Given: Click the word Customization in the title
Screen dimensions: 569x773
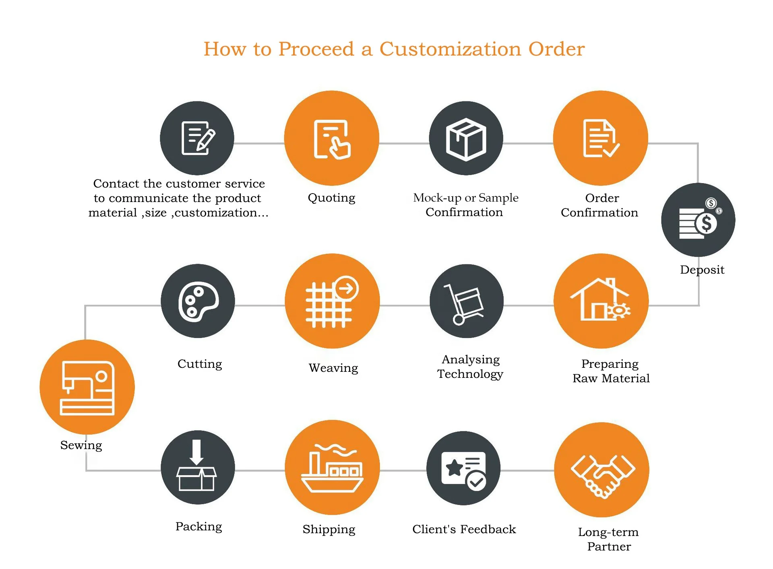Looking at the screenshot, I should point(451,49).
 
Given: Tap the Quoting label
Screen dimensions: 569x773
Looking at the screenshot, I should point(331,198).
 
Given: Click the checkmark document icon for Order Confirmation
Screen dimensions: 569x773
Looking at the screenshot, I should point(601,138).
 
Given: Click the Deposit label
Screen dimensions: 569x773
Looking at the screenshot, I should point(702,270).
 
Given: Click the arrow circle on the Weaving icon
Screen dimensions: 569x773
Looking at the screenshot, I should point(346,288).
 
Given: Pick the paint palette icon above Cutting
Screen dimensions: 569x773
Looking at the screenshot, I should point(198,301).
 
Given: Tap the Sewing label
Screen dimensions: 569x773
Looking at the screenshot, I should point(81,445).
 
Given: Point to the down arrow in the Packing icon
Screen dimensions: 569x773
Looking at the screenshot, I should point(196,452).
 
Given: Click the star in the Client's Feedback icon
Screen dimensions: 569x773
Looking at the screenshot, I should point(455,467).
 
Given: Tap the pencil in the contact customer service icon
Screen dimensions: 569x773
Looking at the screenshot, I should point(206,140).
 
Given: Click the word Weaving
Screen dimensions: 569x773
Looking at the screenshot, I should point(333,368).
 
